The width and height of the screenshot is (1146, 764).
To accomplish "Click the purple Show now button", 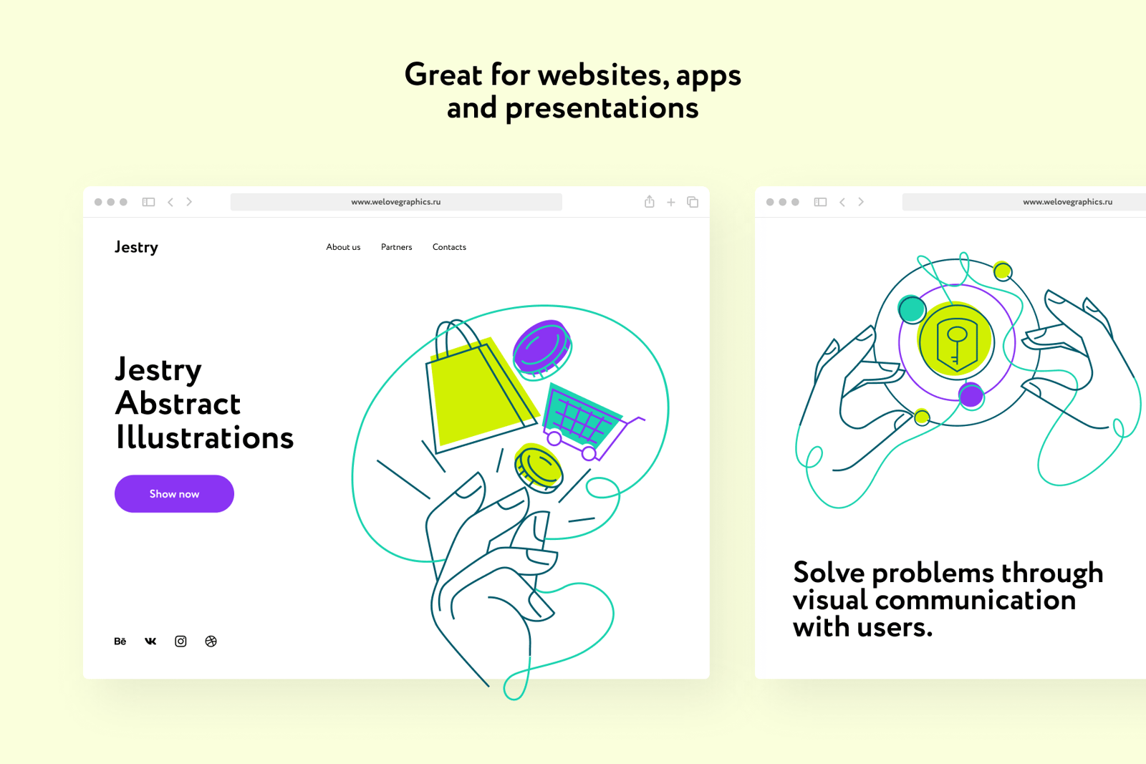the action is click(x=174, y=493).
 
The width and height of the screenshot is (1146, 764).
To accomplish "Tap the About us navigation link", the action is click(x=343, y=247).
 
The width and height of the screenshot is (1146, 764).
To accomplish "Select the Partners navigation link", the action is click(x=397, y=247).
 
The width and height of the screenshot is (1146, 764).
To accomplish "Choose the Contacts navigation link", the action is click(x=449, y=247).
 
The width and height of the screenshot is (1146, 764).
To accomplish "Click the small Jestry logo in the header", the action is click(x=136, y=248).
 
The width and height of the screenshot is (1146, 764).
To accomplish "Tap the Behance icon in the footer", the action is click(x=120, y=642).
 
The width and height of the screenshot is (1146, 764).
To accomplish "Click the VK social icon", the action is click(x=150, y=642).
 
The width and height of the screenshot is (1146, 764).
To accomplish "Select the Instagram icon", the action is click(x=180, y=642).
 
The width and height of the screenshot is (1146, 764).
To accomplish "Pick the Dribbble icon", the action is click(x=211, y=642).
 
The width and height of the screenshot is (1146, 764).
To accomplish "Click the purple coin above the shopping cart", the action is click(x=542, y=349).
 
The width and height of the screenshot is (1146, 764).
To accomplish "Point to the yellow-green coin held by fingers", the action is click(x=538, y=468).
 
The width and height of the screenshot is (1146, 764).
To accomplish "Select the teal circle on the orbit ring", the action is click(x=912, y=309).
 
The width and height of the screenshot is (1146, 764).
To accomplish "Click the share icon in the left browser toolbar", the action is click(x=649, y=201).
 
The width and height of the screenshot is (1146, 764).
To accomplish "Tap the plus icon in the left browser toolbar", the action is click(x=670, y=203).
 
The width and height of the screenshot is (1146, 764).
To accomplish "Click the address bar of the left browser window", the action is click(x=396, y=202).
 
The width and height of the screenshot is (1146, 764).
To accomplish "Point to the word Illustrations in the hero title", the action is click(x=205, y=437).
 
